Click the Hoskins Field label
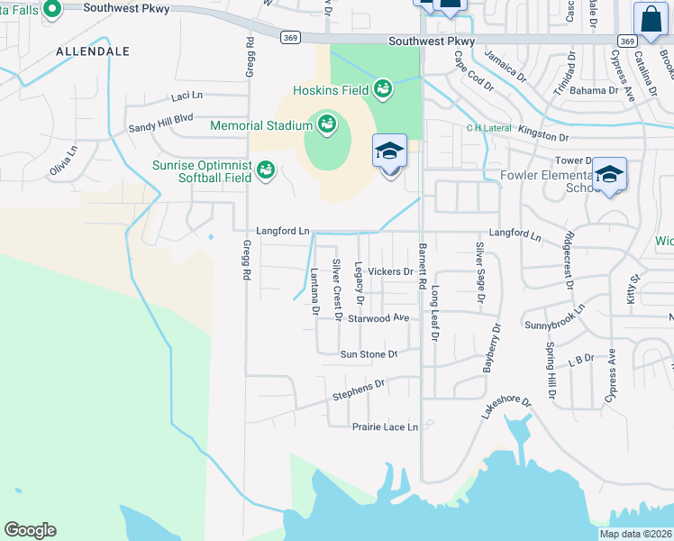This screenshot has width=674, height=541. click(329, 90)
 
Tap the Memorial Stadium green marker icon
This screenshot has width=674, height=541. click(325, 123)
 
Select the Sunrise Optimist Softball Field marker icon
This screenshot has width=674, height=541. click(265, 169)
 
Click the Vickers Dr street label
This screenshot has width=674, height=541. click(390, 271)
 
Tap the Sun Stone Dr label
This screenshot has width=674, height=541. click(368, 355)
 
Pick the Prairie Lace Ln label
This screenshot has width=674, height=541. click(385, 427)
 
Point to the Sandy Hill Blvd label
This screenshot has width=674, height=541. click(160, 118)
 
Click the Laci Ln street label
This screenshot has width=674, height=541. click(187, 95)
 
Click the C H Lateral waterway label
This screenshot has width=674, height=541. click(487, 128)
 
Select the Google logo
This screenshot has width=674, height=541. click(30, 530)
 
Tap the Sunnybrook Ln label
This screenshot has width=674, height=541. click(554, 320)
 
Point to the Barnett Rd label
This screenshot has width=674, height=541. click(422, 267)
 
